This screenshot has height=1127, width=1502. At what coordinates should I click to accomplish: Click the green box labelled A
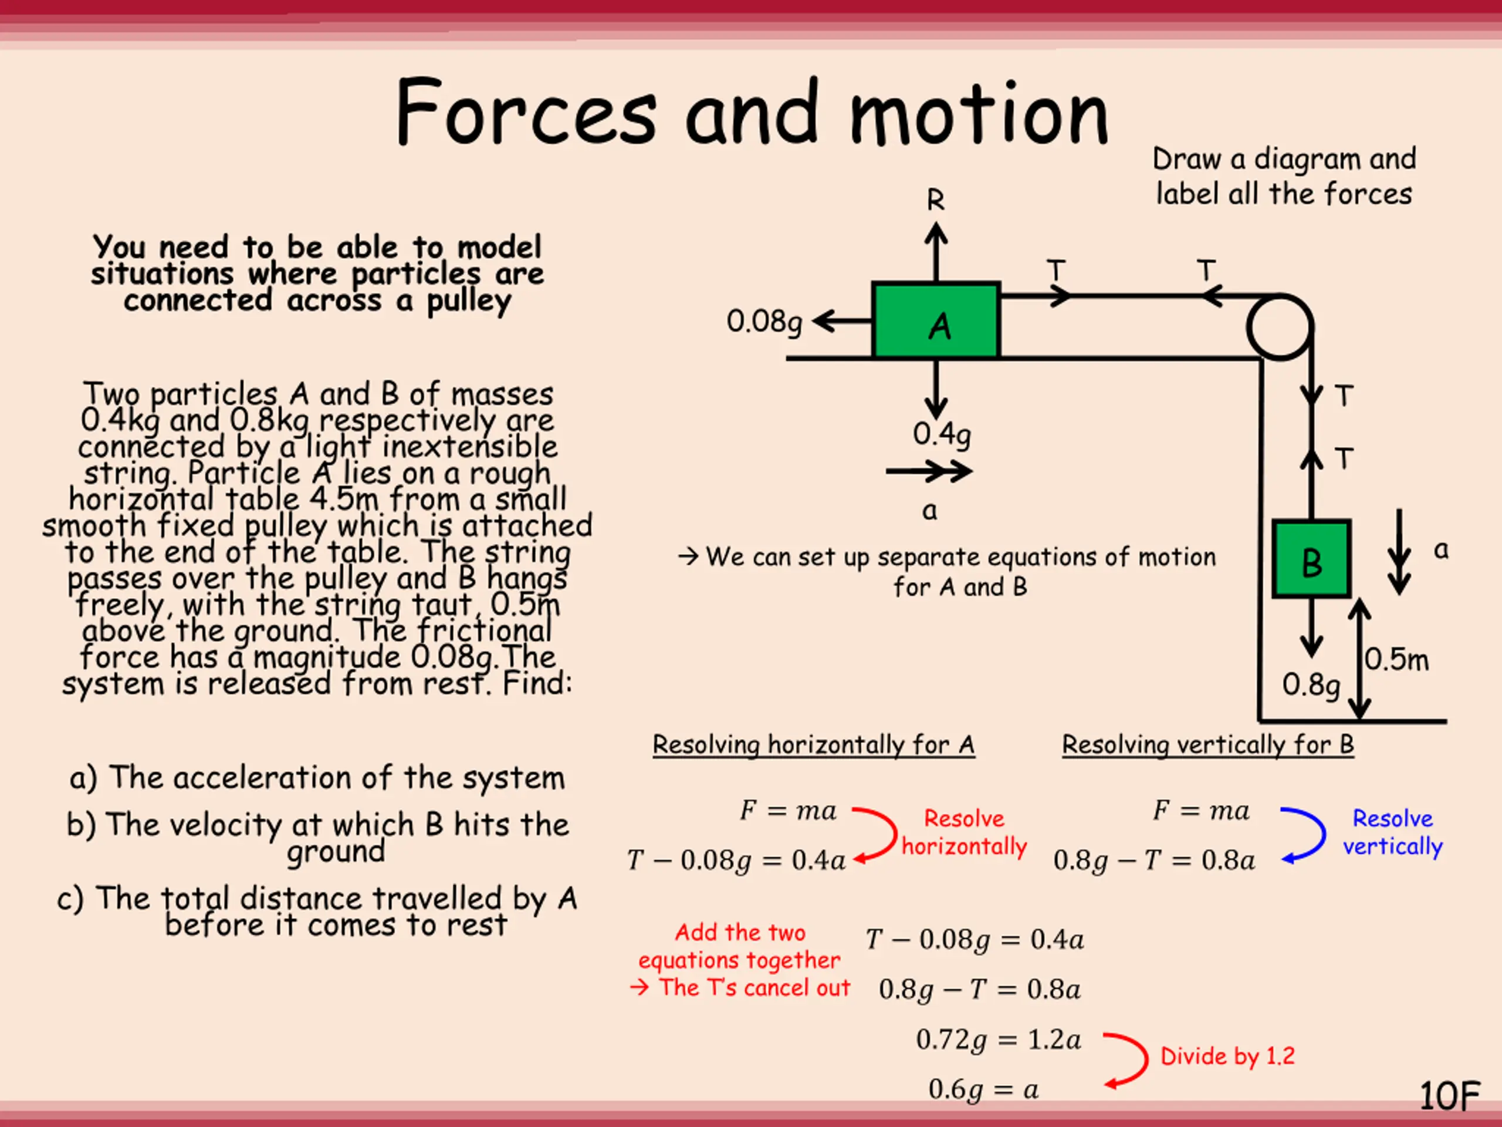click(x=936, y=320)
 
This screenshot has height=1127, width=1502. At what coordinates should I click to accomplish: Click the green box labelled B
click(x=1311, y=559)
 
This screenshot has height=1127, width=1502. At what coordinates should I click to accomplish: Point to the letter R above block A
click(x=936, y=200)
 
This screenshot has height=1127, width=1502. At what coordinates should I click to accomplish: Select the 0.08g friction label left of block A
click(x=764, y=321)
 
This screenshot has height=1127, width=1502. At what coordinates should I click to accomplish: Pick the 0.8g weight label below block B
click(x=1311, y=685)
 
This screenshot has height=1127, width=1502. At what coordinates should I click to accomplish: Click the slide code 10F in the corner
click(x=1449, y=1096)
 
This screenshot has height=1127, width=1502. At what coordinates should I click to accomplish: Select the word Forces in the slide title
click(x=526, y=112)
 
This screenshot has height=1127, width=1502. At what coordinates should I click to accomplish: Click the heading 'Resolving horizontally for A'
click(x=813, y=744)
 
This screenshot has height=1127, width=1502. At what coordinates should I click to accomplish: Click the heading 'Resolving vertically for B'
click(x=1207, y=744)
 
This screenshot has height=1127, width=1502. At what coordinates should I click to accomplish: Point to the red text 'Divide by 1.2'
click(x=1227, y=1055)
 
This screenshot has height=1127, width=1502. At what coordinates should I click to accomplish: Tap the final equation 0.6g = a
click(x=983, y=1089)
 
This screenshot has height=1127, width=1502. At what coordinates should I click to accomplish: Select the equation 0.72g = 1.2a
click(x=998, y=1040)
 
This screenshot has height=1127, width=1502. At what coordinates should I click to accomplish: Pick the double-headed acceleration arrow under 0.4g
click(x=929, y=471)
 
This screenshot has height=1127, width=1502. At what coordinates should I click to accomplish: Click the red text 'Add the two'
click(x=739, y=932)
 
